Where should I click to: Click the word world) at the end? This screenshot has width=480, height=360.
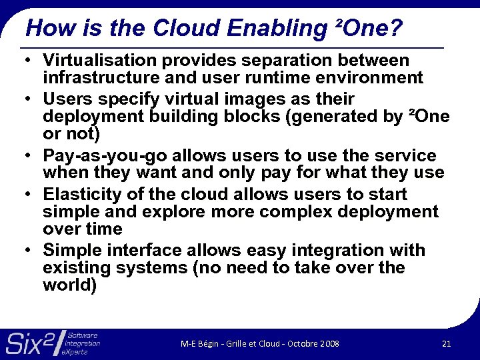tap(70, 285)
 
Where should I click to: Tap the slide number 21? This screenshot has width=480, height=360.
tap(446, 343)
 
